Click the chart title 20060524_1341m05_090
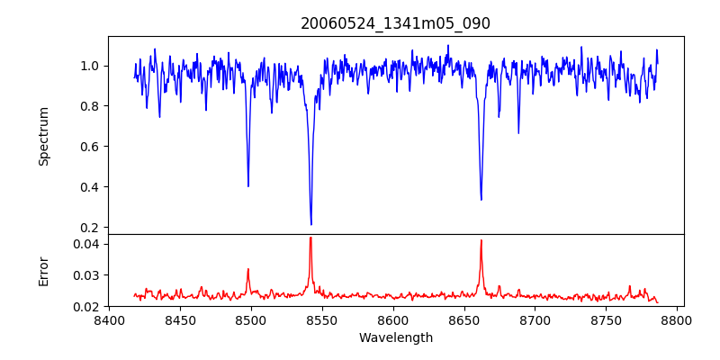395,23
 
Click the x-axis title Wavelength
395,337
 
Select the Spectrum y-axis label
43,136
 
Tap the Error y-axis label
43,271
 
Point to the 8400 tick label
109,319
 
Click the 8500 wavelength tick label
251,319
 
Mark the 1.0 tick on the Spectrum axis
91,66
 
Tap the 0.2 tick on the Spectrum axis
91,228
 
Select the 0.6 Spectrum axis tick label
91,147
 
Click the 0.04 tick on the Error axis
87,244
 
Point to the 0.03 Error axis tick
87,275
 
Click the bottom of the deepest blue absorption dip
310,224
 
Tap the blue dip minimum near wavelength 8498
248,186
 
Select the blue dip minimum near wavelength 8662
481,200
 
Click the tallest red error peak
310,238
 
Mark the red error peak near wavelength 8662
481,240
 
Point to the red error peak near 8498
248,269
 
